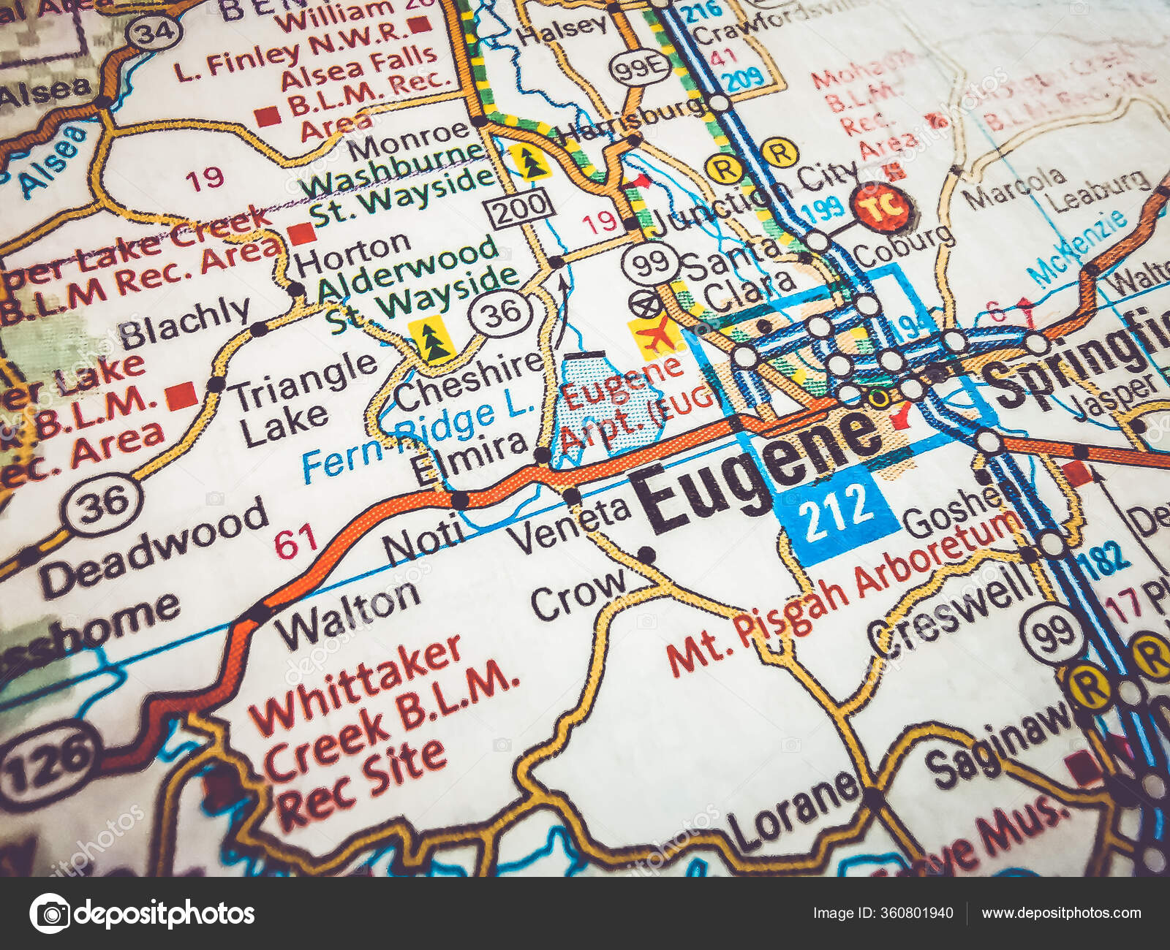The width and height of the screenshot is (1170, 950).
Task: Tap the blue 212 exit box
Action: pos(836,512)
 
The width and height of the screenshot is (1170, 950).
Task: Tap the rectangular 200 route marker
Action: pos(520,208)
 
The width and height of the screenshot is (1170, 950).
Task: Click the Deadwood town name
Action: pos(154,544)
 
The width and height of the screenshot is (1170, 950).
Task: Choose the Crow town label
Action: pos(578,592)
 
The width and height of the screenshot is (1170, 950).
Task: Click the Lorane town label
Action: pos(793,811)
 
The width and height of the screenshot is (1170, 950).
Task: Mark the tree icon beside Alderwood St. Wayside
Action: pos(431,341)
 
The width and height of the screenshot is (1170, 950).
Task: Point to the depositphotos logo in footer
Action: pos(143,913)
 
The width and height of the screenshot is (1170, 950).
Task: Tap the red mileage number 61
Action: pos(295,541)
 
